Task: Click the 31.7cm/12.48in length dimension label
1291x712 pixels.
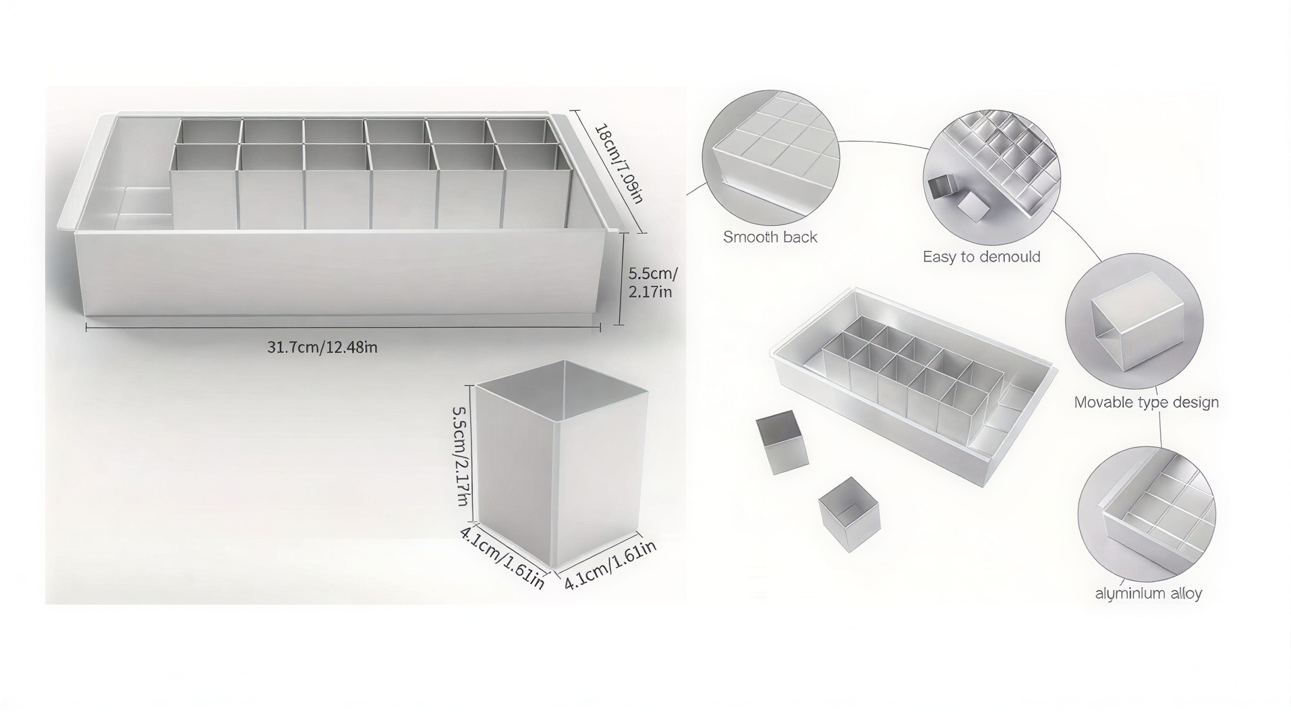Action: pyautogui.click(x=322, y=347)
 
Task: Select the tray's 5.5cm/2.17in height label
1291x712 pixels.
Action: pyautogui.click(x=652, y=283)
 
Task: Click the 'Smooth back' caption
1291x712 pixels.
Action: pyautogui.click(x=770, y=237)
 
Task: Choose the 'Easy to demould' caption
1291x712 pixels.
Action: pyautogui.click(x=981, y=257)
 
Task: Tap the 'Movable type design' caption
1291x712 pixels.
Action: pyautogui.click(x=1146, y=403)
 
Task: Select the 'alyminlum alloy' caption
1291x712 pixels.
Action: pyautogui.click(x=1148, y=593)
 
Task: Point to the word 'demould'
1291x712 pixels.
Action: pyautogui.click(x=1011, y=257)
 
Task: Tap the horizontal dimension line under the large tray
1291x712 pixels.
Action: pyautogui.click(x=343, y=328)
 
